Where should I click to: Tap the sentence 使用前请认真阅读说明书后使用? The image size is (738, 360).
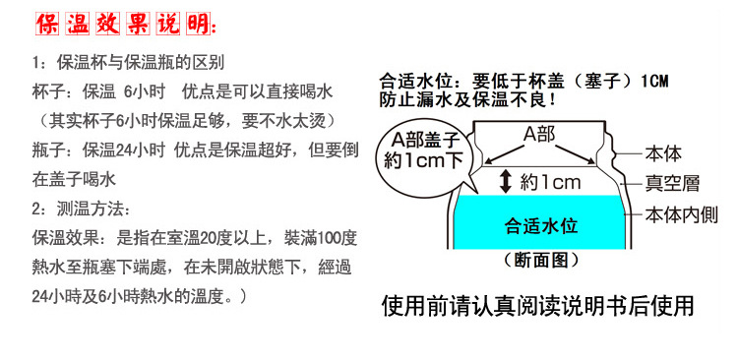coord(538,305)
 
